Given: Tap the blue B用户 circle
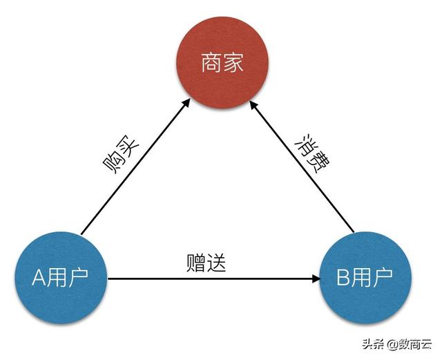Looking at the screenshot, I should [x=365, y=278].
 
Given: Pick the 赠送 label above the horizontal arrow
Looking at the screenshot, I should [x=206, y=263].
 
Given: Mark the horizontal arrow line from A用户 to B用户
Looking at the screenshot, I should [x=207, y=279].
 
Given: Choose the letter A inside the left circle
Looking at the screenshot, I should [x=39, y=278].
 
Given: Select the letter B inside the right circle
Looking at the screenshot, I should [x=343, y=278].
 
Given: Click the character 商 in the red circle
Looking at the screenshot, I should [x=211, y=64].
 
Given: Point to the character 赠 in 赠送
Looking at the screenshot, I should [x=195, y=263].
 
